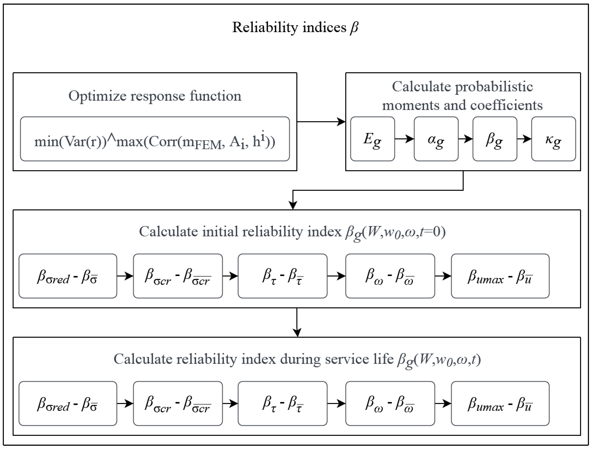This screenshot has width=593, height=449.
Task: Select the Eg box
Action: pyautogui.click(x=372, y=139)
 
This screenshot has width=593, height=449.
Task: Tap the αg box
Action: pyautogui.click(x=436, y=139)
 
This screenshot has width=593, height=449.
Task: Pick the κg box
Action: pyautogui.click(x=553, y=139)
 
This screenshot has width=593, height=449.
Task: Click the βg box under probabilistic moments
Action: pyautogui.click(x=495, y=139)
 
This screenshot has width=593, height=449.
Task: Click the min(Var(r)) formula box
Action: pyautogui.click(x=155, y=139)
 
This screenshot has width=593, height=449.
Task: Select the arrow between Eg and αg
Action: pyautogui.click(x=404, y=139)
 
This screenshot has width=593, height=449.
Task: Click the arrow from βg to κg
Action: pyautogui.click(x=524, y=139)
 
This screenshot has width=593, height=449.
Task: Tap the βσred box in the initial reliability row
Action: pyautogui.click(x=68, y=276)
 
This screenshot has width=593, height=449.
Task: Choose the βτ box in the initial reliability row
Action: pyautogui.click(x=282, y=276)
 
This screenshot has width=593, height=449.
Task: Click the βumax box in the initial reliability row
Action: pyautogui.click(x=500, y=276)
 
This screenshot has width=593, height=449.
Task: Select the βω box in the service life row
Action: pyautogui.click(x=390, y=403)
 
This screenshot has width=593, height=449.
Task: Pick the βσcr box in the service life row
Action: pyautogui.click(x=178, y=403)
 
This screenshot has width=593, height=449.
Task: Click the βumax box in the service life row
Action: pyautogui.click(x=500, y=403)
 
